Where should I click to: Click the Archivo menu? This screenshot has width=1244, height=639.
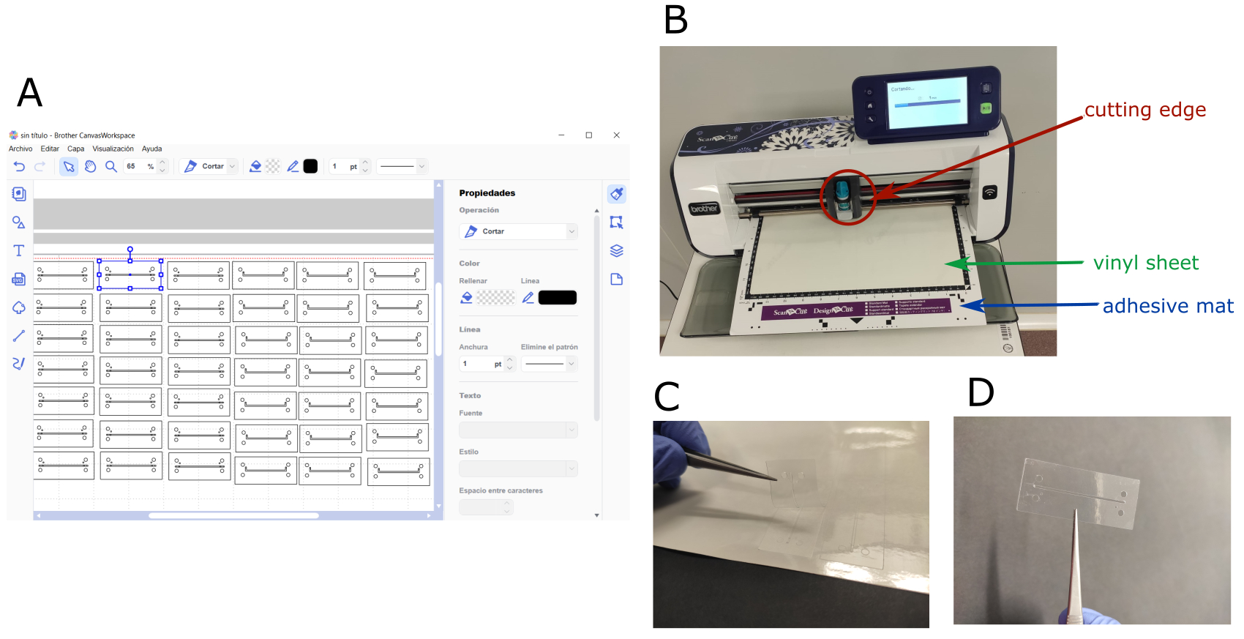click(20, 149)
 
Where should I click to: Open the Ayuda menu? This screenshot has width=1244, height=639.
click(151, 149)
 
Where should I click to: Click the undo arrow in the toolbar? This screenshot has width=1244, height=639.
click(19, 166)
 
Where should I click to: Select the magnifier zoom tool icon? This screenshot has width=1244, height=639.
click(111, 166)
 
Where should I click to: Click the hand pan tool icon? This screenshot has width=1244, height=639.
click(90, 166)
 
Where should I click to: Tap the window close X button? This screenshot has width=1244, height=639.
click(616, 135)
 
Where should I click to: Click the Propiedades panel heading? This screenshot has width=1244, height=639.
click(487, 193)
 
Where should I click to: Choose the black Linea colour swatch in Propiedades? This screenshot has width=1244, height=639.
click(557, 297)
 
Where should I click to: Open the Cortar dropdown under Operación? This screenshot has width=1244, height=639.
click(519, 231)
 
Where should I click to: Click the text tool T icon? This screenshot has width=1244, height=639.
click(19, 250)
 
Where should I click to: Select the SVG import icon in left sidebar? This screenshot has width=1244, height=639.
click(19, 279)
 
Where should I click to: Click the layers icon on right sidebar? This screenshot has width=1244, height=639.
click(616, 250)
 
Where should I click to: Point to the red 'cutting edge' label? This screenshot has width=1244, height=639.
click(1144, 110)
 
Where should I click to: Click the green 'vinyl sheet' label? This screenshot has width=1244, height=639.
click(1145, 263)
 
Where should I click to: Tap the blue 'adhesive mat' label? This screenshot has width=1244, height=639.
click(1167, 306)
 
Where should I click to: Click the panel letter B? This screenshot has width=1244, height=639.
click(675, 20)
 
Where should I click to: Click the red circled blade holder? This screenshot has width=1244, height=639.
click(846, 197)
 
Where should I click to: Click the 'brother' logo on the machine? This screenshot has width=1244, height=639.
click(704, 209)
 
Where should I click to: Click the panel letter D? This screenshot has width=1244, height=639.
click(981, 392)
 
